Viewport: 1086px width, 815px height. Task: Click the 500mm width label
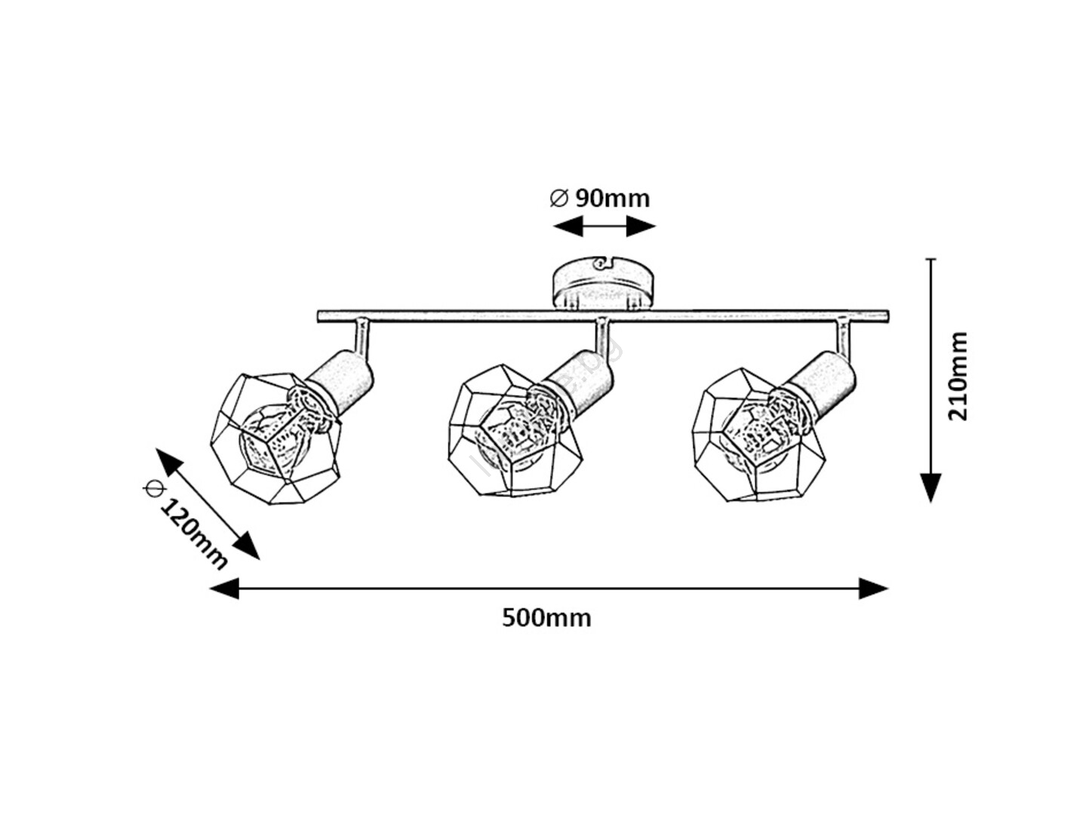coord(546,618)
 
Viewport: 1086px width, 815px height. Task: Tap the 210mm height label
coord(957,375)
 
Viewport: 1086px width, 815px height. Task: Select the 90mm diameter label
coord(611,198)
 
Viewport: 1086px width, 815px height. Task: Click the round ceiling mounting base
coord(602,284)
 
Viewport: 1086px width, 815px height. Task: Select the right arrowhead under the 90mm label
coord(641,226)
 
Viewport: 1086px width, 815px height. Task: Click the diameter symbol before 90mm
coord(558,198)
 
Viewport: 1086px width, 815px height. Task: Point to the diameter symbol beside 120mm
coord(153,488)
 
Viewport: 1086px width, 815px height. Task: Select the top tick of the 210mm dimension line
coord(931,260)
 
